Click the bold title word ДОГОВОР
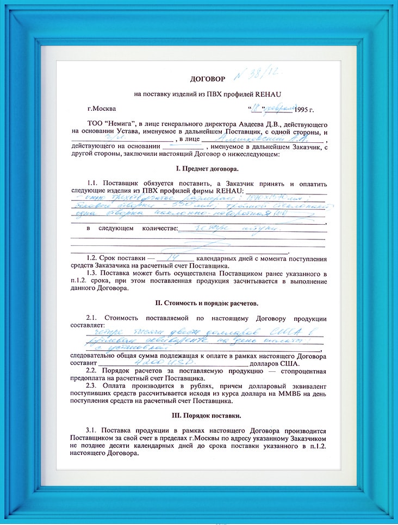click(x=206, y=79)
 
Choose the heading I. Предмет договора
click(x=198, y=169)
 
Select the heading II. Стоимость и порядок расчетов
click(x=198, y=302)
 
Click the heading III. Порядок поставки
click(x=198, y=416)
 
